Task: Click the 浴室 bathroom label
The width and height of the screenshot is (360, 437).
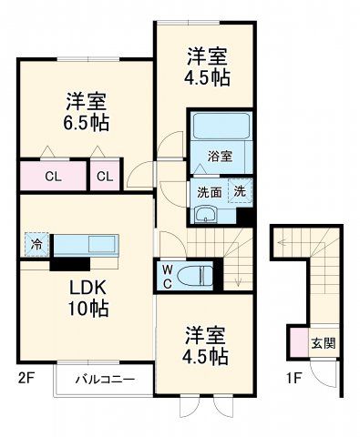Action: [x=219, y=156]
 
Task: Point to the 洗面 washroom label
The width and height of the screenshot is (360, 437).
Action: [x=210, y=191]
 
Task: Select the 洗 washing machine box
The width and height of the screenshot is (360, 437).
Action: [x=239, y=191]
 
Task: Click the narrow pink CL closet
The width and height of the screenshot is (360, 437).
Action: [x=105, y=175]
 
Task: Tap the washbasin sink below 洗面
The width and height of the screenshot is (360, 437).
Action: [x=206, y=215]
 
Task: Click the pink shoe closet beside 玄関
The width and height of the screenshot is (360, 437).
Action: [x=299, y=342]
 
